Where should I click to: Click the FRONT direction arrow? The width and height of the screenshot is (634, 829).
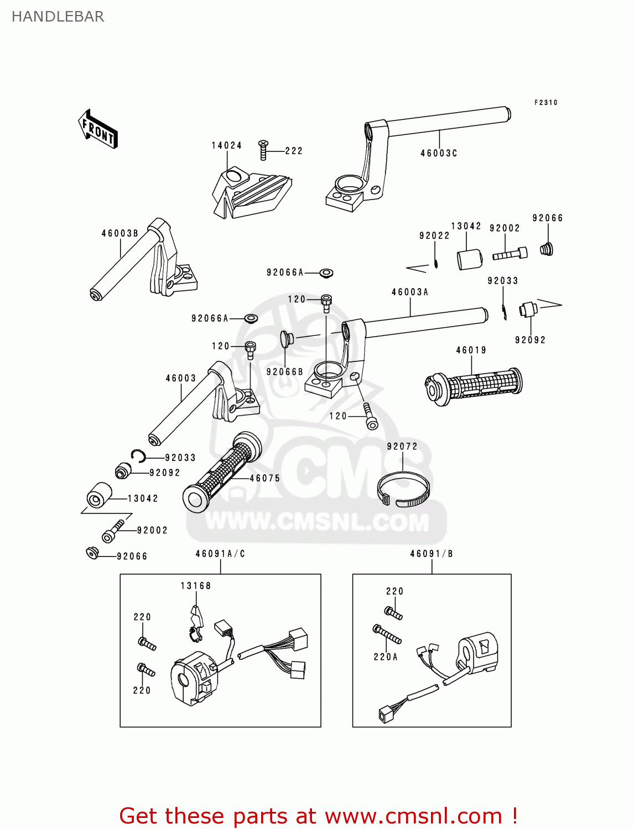pos(98,129)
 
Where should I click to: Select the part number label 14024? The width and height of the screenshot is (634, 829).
pos(226,145)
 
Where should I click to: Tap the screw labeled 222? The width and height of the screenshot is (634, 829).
pos(263,150)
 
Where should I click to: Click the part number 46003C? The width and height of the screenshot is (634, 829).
pos(439,153)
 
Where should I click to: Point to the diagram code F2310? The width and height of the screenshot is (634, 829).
pos(545,103)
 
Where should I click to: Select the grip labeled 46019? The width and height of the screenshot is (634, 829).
pos(474,385)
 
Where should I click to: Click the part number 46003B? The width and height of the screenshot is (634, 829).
pos(119,233)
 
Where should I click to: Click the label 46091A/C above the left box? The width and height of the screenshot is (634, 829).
pos(220,554)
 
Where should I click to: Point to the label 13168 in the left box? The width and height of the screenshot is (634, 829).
pos(196,586)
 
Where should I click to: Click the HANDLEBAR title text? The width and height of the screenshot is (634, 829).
pos(58,17)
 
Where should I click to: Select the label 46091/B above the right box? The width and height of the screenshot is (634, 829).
pos(432,554)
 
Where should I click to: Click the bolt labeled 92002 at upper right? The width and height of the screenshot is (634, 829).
pos(510,254)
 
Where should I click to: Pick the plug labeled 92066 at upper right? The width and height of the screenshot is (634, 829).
pos(547,249)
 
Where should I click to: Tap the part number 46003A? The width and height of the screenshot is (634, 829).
pos(410,292)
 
